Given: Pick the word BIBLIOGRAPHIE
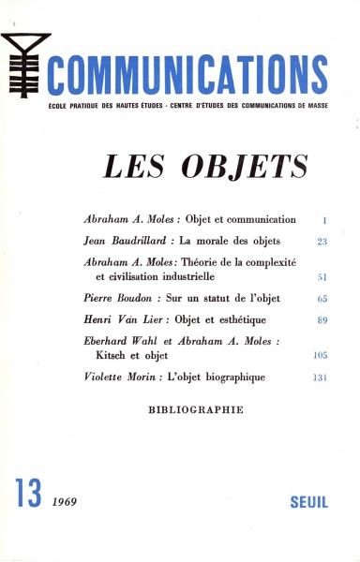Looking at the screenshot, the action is pos(196,409).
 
